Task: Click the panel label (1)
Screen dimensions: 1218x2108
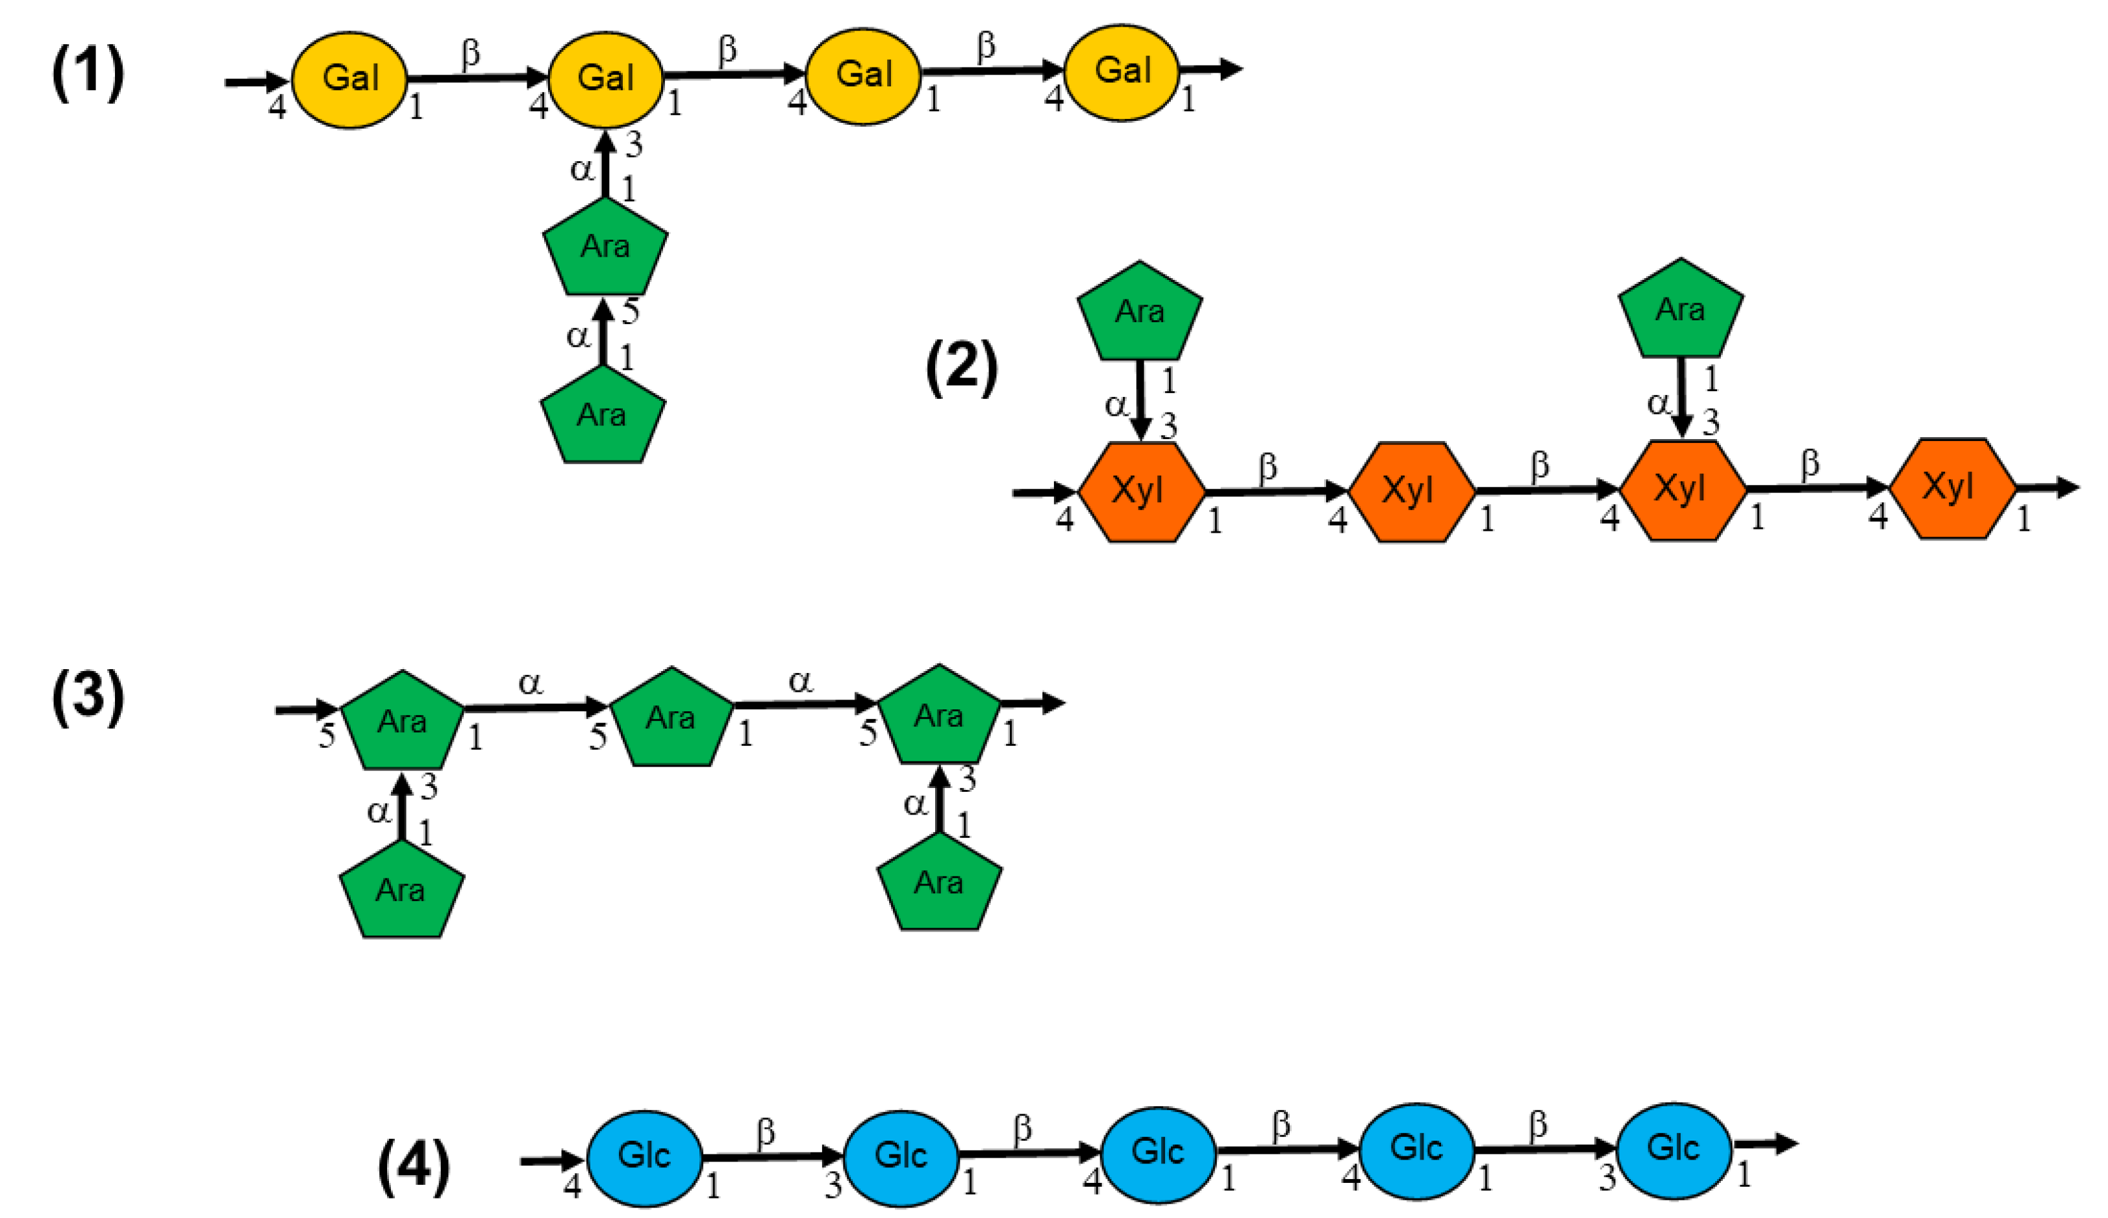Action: click(x=88, y=73)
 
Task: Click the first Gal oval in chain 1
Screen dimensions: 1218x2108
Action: click(x=349, y=79)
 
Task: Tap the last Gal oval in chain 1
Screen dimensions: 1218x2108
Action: click(x=1122, y=72)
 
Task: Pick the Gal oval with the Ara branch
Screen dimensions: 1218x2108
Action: click(x=605, y=79)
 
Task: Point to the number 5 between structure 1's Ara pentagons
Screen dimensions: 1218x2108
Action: click(x=631, y=312)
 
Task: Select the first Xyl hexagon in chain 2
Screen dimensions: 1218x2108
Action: click(x=1140, y=492)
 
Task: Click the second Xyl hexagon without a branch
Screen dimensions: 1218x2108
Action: click(x=1411, y=492)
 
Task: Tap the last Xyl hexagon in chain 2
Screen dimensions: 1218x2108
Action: click(x=1951, y=488)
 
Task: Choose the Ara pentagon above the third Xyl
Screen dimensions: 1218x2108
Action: click(x=1680, y=311)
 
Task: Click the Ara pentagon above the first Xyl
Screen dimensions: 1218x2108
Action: click(x=1140, y=313)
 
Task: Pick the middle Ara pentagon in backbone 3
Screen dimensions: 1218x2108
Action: click(x=671, y=719)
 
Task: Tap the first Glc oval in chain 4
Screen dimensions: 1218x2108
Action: click(x=644, y=1158)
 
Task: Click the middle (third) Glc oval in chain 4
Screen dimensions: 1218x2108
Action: click(x=1158, y=1154)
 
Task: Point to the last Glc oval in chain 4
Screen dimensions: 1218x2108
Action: click(x=1673, y=1149)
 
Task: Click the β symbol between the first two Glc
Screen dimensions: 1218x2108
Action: click(x=765, y=1133)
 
